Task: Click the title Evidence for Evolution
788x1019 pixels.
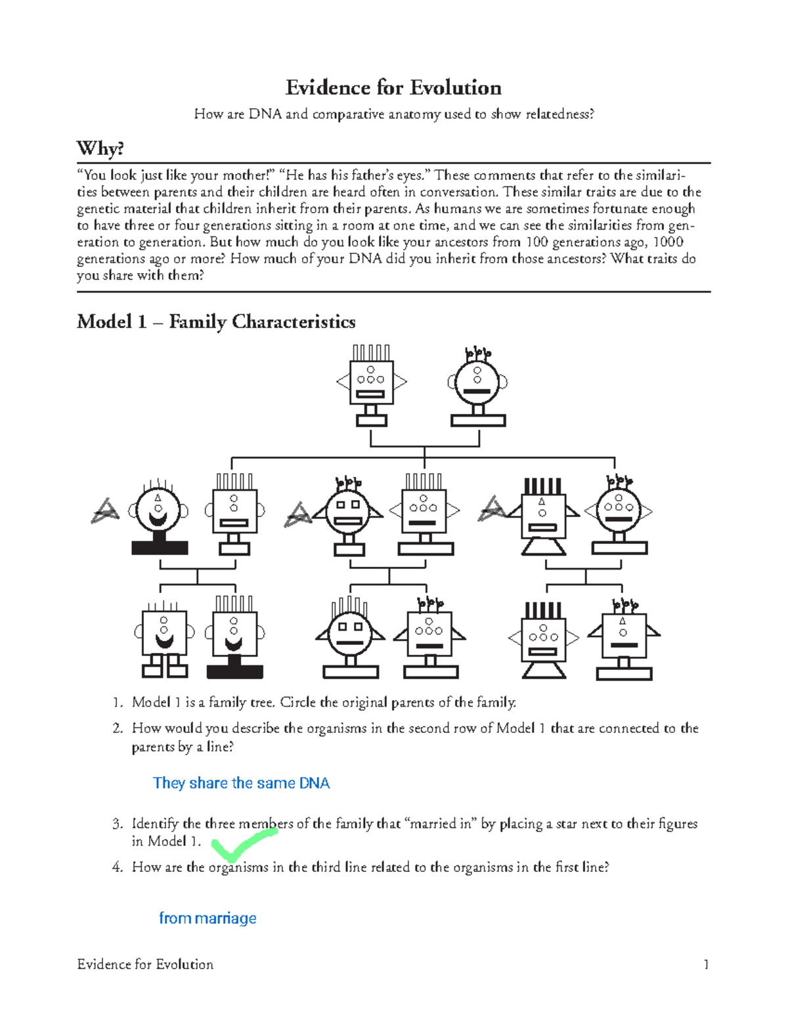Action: pos(393,88)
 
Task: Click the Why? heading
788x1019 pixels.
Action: pos(100,148)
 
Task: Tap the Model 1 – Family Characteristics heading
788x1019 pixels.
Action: pos(216,322)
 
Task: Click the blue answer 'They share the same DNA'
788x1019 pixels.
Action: pos(241,783)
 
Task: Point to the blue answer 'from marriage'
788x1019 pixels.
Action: pos(208,918)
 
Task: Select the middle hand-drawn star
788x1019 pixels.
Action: pos(298,515)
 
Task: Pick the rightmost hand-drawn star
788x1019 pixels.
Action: pos(492,508)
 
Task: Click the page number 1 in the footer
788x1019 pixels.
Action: pos(706,965)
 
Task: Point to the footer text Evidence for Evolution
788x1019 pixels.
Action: pos(145,965)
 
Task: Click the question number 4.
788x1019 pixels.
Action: pos(117,867)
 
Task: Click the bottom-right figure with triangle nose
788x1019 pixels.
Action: pos(624,640)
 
